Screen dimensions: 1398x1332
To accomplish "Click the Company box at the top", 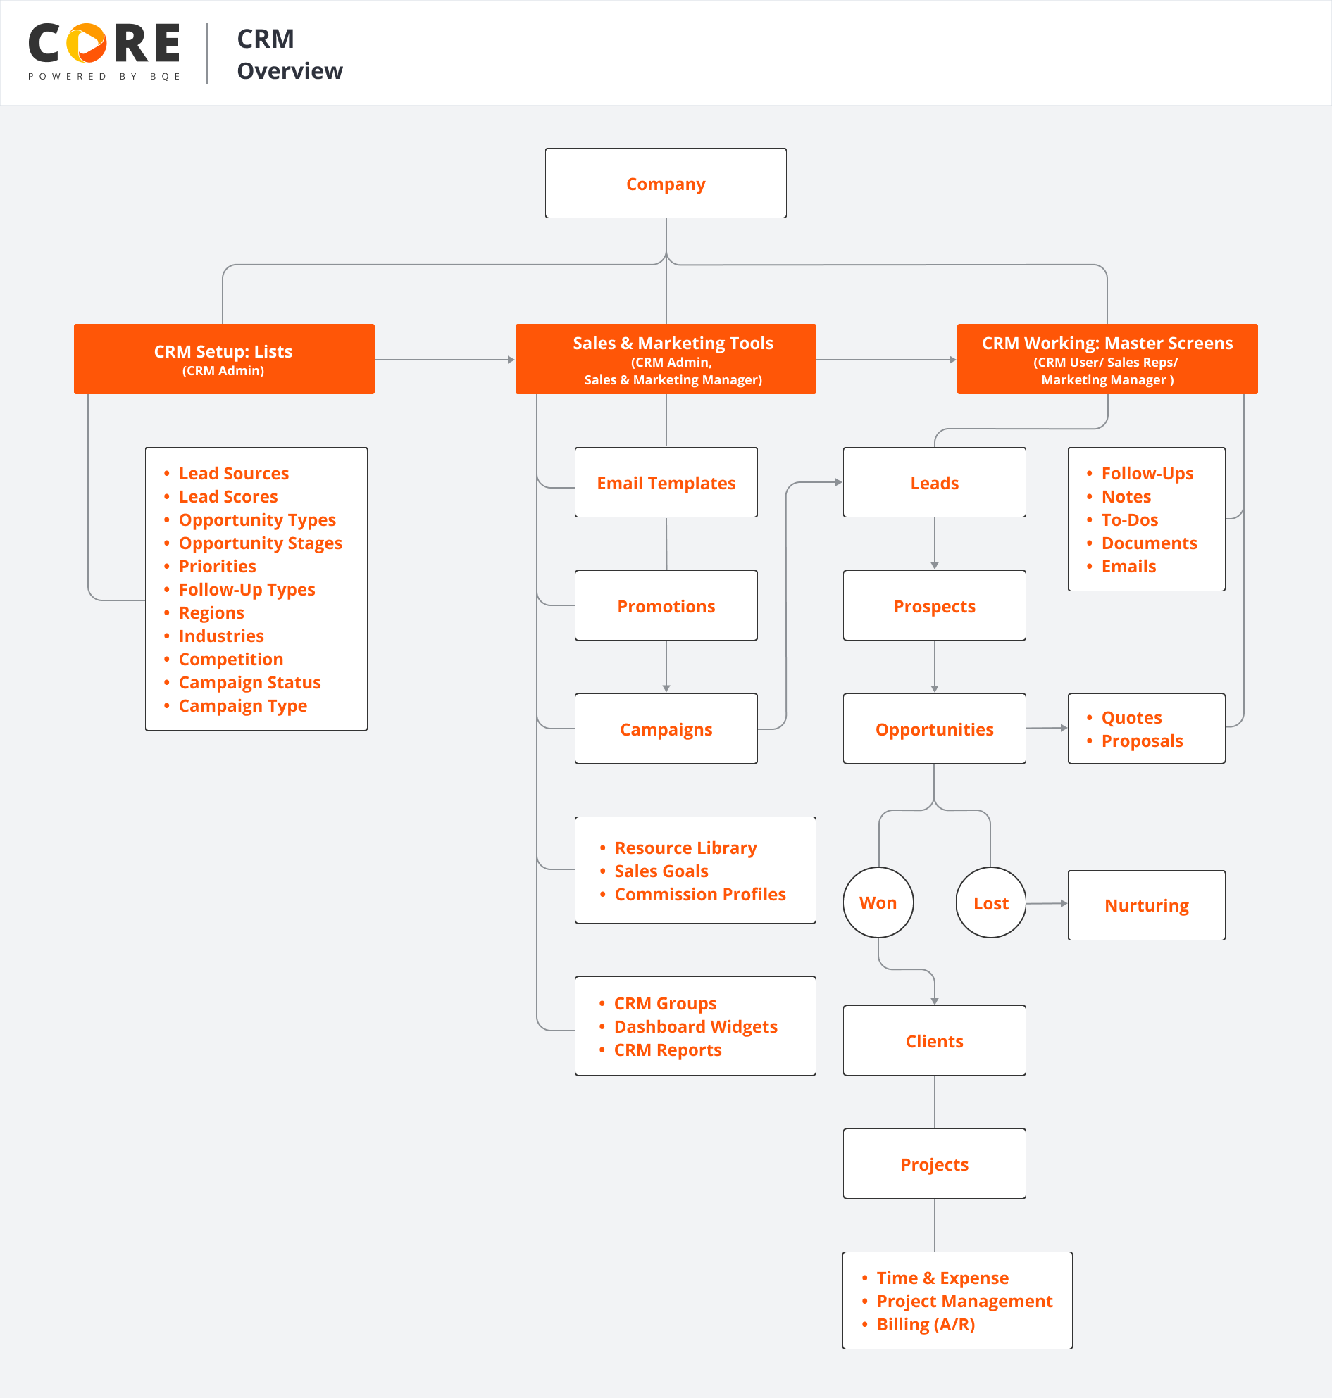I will pos(665,183).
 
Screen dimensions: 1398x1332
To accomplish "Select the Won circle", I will pos(878,902).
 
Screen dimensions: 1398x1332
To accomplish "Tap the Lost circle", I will pos(990,902).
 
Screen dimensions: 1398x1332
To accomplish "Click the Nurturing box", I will pos(1146,905).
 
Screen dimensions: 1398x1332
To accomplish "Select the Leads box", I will pos(934,483).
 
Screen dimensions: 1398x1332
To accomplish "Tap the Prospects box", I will pos(934,606).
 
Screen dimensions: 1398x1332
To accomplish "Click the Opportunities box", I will pos(934,729).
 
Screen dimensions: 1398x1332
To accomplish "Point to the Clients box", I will pos(934,1040).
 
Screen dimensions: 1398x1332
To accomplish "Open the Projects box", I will pos(934,1164).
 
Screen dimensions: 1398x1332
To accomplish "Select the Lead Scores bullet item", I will pos(228,496).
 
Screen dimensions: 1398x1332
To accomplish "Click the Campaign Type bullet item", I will pos(243,705).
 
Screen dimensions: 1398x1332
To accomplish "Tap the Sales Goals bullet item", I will pos(661,871).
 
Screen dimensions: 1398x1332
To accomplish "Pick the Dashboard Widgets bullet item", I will pos(695,1026).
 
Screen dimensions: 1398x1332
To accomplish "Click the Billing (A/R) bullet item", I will pos(925,1324).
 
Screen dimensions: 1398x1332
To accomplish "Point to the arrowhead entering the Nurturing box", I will pos(1064,903).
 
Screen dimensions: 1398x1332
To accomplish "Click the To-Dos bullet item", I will pos(1129,519).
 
